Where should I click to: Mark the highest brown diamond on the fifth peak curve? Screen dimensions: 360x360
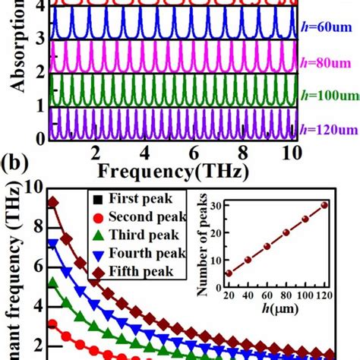(x=52, y=203)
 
